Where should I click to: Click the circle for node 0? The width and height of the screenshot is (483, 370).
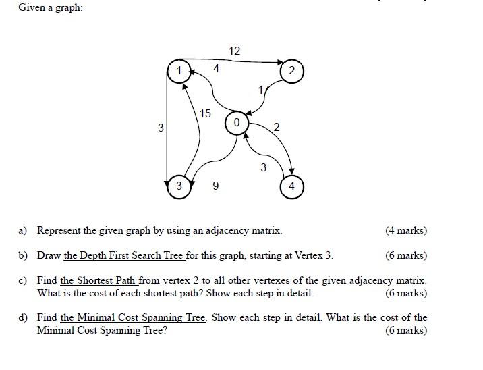(236, 124)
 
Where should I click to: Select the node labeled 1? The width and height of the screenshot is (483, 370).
(179, 70)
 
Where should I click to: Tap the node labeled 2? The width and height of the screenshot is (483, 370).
(291, 71)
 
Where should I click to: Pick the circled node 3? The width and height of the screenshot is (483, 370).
(179, 186)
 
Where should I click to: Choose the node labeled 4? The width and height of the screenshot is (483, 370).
(291, 186)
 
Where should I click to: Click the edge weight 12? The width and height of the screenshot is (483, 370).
(234, 51)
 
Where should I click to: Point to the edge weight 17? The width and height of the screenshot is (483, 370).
(263, 90)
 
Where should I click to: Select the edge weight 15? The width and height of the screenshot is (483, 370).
(204, 113)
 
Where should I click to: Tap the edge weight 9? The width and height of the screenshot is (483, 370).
(215, 186)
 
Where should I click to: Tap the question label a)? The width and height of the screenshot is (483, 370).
(22, 231)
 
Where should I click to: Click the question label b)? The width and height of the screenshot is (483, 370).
(22, 255)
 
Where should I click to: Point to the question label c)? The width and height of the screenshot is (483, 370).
(22, 280)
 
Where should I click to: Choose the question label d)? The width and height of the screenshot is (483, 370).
(22, 317)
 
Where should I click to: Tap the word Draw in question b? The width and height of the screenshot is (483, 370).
(49, 255)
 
